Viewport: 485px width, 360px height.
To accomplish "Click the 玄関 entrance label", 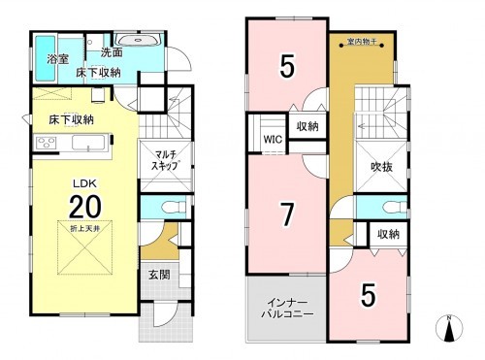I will [x=157, y=275].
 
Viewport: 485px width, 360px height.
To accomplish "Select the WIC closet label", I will [x=273, y=139].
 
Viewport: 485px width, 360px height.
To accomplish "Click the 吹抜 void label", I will [x=380, y=166].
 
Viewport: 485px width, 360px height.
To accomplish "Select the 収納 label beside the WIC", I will [x=307, y=126].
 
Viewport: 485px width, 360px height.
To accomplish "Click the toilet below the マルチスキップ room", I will [x=166, y=208].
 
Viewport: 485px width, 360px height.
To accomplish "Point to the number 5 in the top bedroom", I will [x=287, y=67].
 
